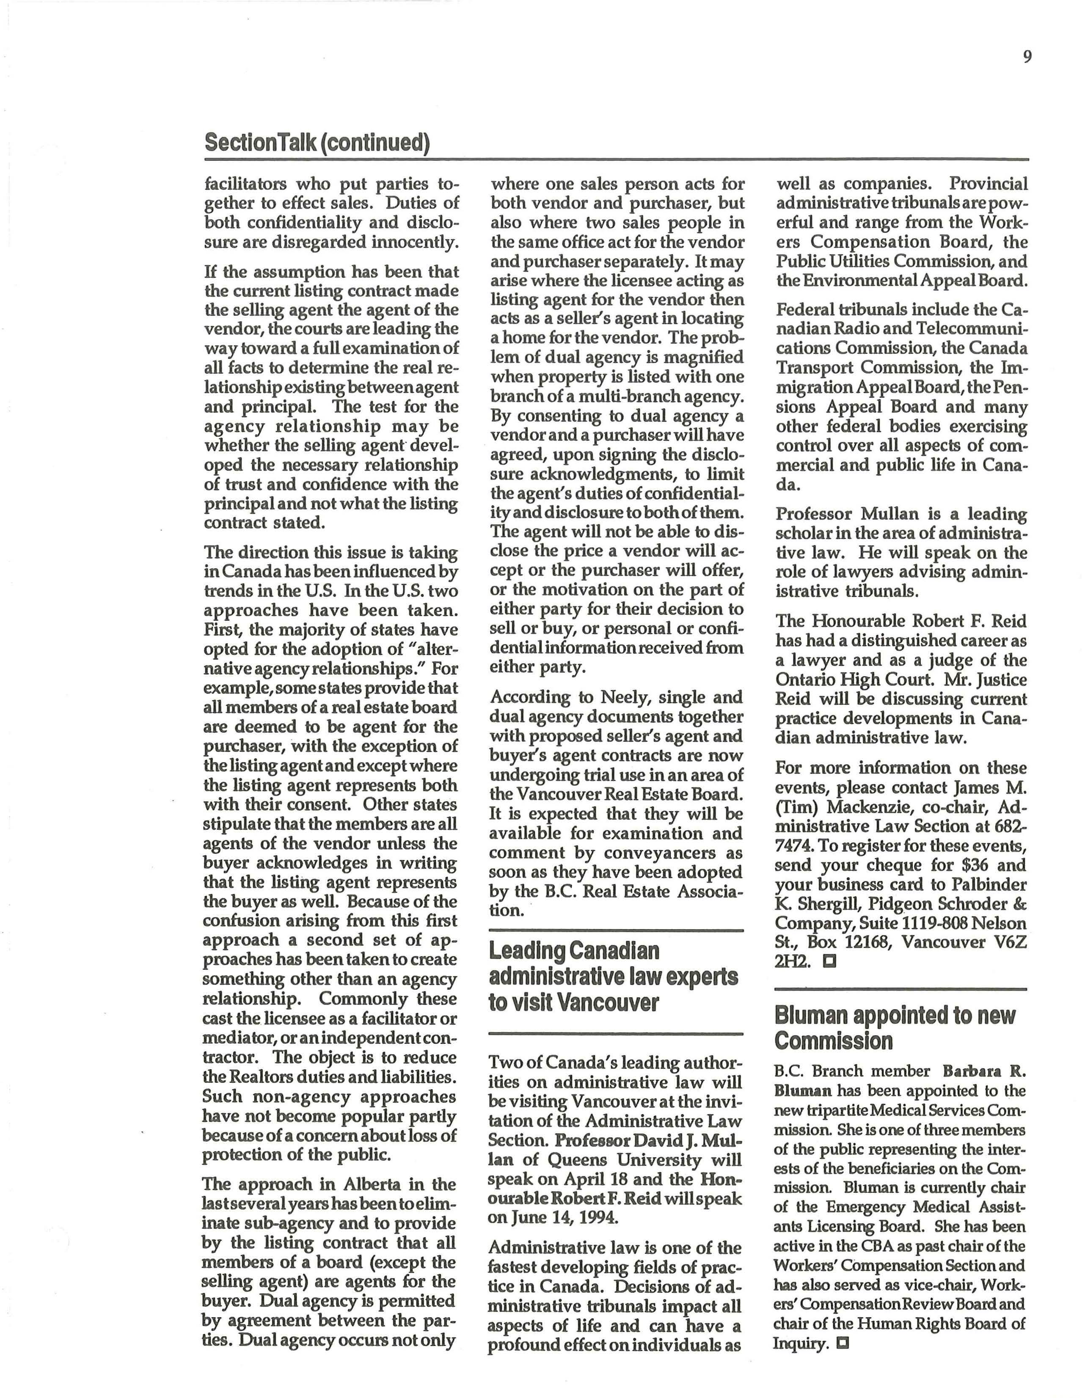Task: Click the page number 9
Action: [x=1027, y=57]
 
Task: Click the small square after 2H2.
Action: [x=830, y=961]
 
